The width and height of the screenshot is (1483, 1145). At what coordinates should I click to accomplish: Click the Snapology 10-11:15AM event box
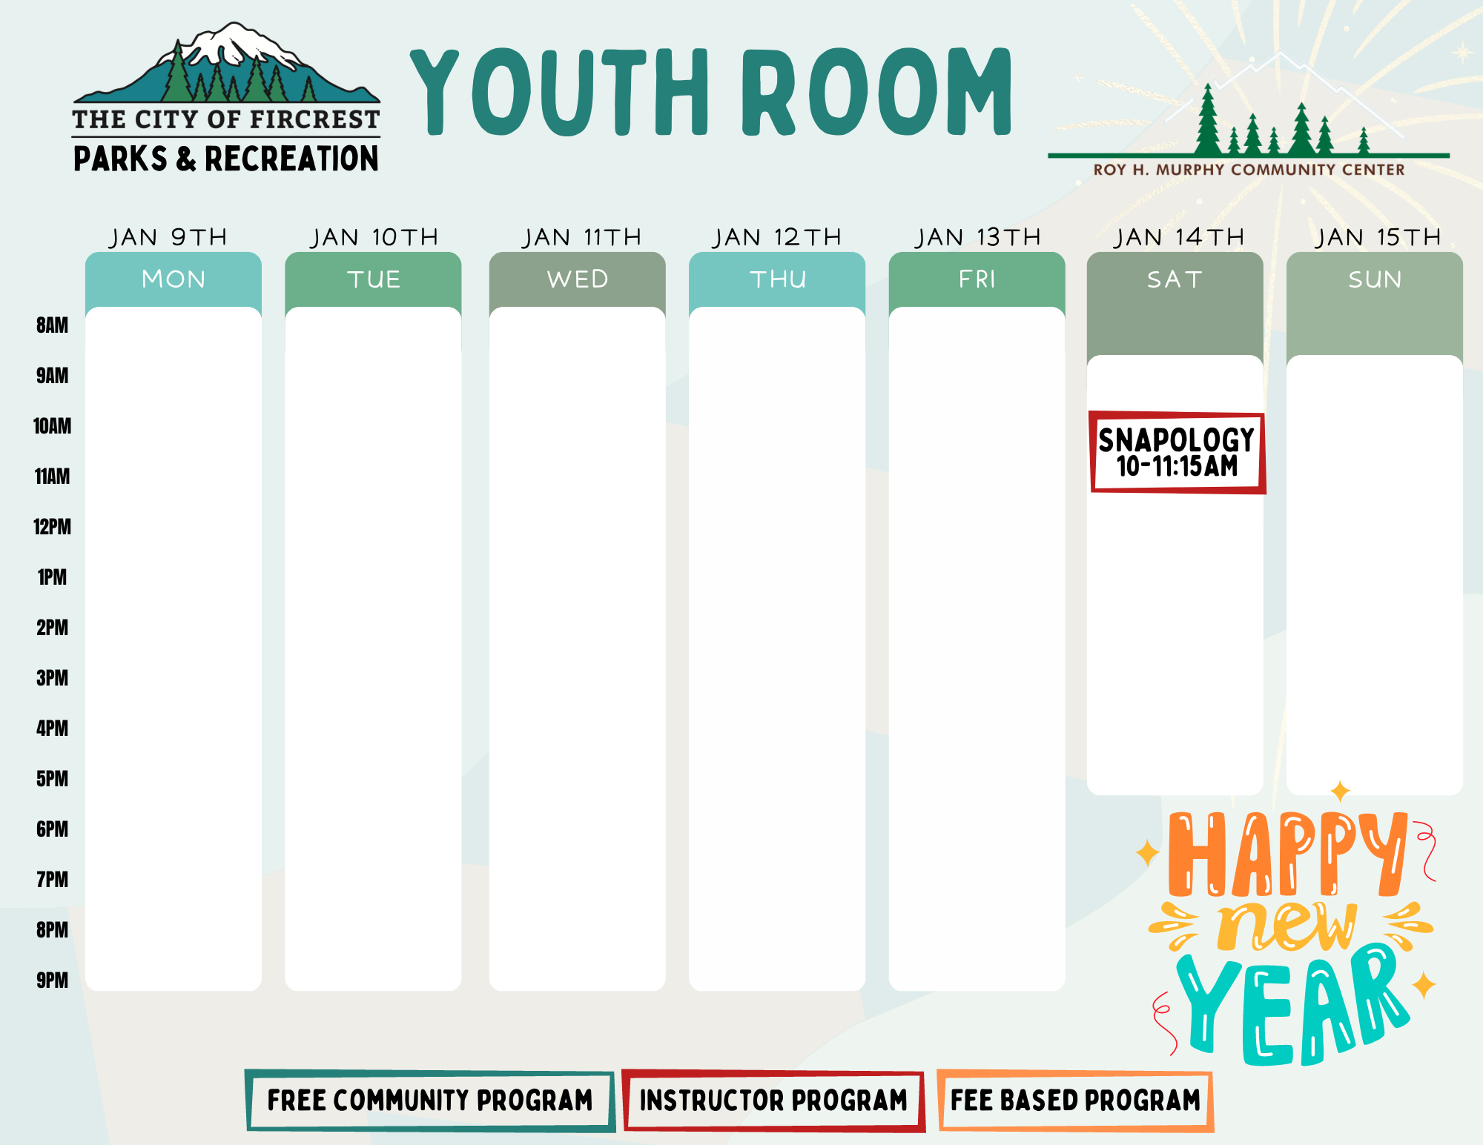(x=1178, y=453)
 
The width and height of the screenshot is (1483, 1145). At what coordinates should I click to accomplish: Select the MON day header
(x=174, y=279)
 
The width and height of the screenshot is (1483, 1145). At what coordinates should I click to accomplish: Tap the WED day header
(x=578, y=279)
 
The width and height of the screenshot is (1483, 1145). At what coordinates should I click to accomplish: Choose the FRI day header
(x=977, y=279)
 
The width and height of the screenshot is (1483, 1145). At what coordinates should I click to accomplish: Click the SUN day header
(x=1375, y=279)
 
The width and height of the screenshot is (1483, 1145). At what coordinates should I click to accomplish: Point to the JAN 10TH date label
(x=374, y=237)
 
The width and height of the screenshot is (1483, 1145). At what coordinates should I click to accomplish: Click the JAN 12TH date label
(x=777, y=237)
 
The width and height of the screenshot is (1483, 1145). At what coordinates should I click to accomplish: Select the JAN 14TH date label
(x=1179, y=237)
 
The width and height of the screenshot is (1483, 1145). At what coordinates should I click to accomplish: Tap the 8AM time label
(x=52, y=325)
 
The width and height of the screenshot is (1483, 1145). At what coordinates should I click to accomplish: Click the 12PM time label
(x=52, y=527)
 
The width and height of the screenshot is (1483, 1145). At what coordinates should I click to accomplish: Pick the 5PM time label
(x=52, y=779)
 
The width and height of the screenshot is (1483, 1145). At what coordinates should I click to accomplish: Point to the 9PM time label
(x=52, y=980)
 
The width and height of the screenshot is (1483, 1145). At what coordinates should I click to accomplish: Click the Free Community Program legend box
(x=430, y=1101)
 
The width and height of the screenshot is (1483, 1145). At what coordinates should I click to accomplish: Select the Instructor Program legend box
(x=773, y=1101)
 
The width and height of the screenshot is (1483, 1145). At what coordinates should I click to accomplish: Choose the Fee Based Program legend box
(x=1075, y=1101)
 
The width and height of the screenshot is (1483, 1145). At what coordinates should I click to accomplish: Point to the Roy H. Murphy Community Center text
(x=1249, y=170)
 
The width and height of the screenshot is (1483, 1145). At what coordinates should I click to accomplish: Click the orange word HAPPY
(x=1287, y=854)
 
